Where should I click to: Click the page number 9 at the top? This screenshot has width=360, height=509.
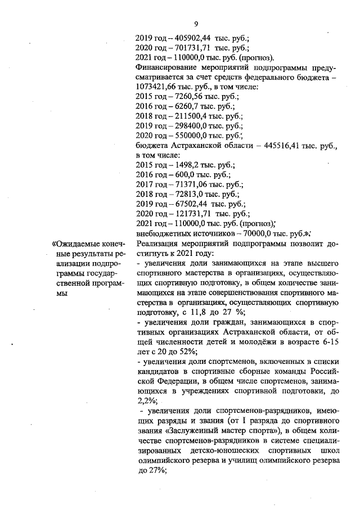click(x=196, y=23)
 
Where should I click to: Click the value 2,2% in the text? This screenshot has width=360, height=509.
click(x=147, y=400)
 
